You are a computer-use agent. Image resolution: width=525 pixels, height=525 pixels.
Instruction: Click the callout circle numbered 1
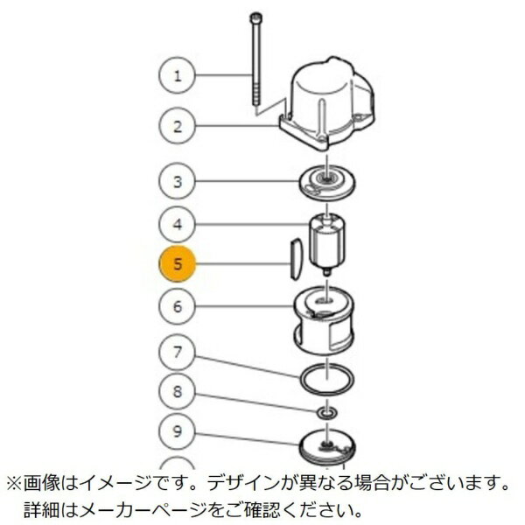point(178,74)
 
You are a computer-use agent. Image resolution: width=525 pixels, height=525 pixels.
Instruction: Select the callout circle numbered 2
point(178,125)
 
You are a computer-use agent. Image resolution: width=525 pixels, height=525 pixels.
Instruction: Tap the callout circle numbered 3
point(178,182)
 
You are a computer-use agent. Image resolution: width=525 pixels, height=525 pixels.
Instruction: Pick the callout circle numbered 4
point(178,225)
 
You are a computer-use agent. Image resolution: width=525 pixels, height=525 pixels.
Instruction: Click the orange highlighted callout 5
point(178,264)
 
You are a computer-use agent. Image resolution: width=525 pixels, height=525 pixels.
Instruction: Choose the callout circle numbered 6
point(178,306)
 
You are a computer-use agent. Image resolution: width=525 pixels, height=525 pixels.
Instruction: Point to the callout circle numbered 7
point(178,353)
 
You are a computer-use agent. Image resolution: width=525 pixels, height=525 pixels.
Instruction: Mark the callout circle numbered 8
point(178,392)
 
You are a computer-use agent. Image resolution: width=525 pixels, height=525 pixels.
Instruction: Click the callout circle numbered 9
point(178,430)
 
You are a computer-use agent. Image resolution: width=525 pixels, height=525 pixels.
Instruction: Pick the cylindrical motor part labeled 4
point(331,240)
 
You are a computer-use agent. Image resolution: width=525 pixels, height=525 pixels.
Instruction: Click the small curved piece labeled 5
point(296,260)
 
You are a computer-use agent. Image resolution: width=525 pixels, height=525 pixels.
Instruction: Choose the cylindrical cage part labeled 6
point(325,325)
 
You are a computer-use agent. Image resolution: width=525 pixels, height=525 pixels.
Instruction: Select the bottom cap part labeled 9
point(329,442)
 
